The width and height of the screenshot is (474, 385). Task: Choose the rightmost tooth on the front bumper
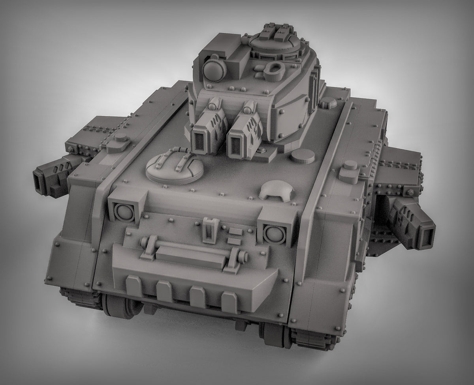(x=228, y=302)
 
